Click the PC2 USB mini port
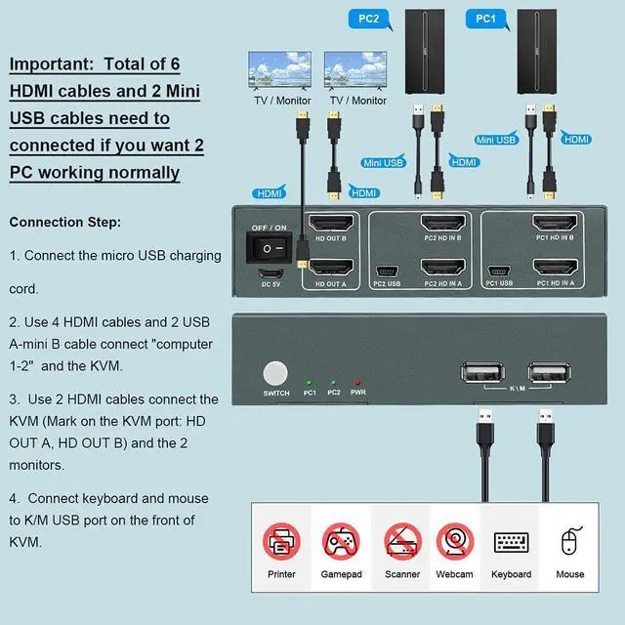pyautogui.click(x=386, y=270)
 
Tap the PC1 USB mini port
pyautogui.click(x=498, y=270)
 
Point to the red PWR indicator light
pyautogui.click(x=358, y=383)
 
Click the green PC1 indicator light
pyautogui.click(x=310, y=383)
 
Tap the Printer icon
pyautogui.click(x=281, y=541)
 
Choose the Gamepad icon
pyautogui.click(x=341, y=541)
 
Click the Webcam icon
pyautogui.click(x=455, y=541)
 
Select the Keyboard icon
pyautogui.click(x=512, y=543)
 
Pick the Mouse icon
pyautogui.click(x=570, y=541)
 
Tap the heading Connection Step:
pyautogui.click(x=65, y=222)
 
